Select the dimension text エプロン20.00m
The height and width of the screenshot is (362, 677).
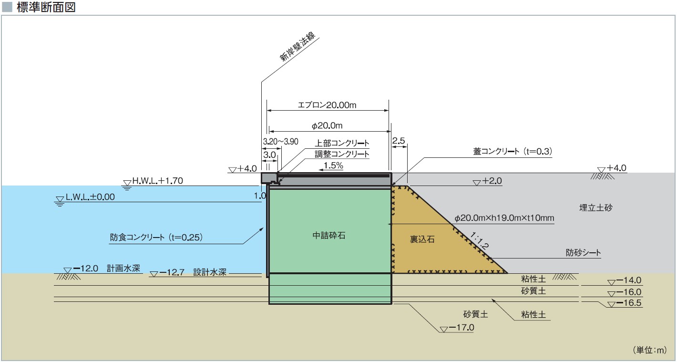327,105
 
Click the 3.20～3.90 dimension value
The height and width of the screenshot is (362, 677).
280,142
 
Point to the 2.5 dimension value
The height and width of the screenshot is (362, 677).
399,141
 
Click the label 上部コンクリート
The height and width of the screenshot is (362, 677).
342,143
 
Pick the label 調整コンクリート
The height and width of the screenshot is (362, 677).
342,154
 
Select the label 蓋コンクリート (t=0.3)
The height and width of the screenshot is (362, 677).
512,151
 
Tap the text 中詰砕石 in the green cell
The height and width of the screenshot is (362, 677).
328,235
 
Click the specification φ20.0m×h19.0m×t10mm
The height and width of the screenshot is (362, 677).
504,218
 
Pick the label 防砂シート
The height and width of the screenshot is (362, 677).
583,253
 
